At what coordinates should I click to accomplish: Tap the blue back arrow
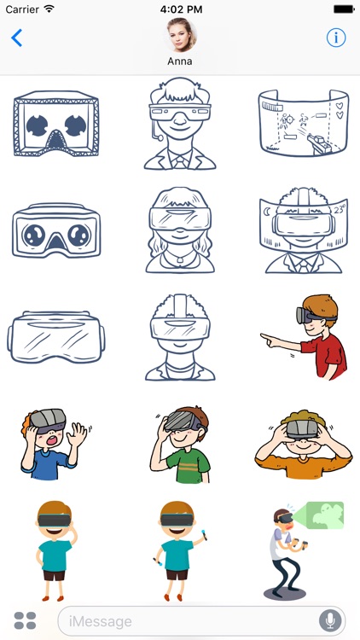coord(16,38)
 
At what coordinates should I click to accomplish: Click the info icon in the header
coord(336,38)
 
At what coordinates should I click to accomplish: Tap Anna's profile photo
coord(180,34)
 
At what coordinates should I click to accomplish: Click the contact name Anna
coord(180,61)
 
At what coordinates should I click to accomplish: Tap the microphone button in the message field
coord(329,621)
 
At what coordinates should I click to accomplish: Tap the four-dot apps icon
coord(26,621)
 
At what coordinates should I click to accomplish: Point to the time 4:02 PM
coord(180,9)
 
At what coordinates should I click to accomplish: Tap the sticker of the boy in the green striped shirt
coord(180,440)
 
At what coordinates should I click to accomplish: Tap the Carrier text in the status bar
coord(22,9)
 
